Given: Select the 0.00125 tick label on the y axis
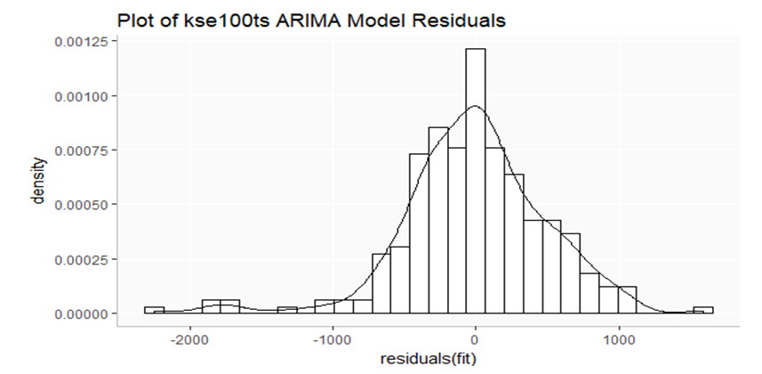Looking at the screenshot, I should [x=77, y=42].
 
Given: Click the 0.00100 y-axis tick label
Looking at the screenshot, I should [x=77, y=96].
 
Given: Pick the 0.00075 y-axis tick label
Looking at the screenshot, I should [x=77, y=150].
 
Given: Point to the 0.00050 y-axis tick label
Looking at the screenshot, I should [x=77, y=205].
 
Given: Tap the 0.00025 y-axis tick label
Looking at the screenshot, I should [x=77, y=259].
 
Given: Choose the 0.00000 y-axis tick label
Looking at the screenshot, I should [x=77, y=313].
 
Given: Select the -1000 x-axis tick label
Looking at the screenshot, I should [x=332, y=339].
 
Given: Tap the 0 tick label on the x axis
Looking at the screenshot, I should [x=476, y=339].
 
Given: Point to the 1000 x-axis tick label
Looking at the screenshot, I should [x=620, y=339].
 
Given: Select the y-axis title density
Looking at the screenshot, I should [x=38, y=183].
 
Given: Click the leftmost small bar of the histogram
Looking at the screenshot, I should [x=154, y=310].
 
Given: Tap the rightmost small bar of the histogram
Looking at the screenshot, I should [x=703, y=310].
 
